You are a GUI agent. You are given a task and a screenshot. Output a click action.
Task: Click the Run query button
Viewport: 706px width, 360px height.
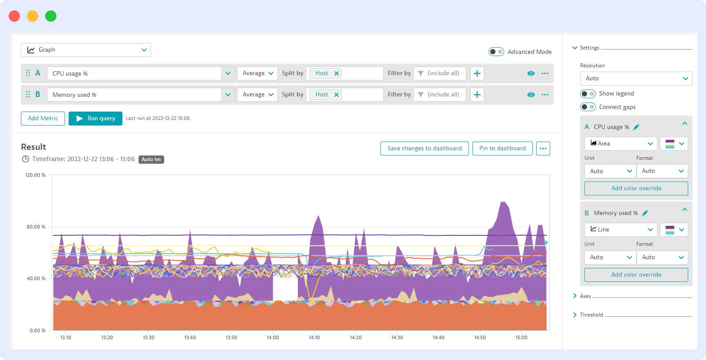coord(96,118)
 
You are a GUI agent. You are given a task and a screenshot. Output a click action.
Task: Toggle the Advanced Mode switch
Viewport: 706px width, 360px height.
coord(496,52)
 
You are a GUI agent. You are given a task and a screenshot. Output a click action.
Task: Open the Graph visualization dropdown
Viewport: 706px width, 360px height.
coord(86,50)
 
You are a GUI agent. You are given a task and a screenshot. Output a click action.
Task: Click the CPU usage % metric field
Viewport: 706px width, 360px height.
coord(135,73)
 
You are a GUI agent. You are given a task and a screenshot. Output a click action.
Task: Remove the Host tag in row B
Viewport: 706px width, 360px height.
coord(337,95)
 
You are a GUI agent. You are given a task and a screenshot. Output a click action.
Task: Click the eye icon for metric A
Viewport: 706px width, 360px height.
coord(531,73)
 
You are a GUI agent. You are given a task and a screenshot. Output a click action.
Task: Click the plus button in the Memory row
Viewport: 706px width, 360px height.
coord(477,95)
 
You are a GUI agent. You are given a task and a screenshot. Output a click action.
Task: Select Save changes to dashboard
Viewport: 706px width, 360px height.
coord(424,149)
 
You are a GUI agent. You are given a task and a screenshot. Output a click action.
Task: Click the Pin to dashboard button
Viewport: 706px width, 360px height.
coord(502,149)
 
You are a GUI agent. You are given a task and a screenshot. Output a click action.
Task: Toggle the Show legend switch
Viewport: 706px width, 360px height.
coord(587,94)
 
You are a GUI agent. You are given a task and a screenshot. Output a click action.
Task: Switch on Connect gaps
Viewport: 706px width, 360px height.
coord(587,107)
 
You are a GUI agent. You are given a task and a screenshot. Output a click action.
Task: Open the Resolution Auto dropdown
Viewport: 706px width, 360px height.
coord(636,79)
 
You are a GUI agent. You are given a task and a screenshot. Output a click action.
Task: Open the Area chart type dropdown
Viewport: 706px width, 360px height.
coord(620,144)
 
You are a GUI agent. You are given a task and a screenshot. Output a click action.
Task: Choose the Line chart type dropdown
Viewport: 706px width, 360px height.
coord(620,230)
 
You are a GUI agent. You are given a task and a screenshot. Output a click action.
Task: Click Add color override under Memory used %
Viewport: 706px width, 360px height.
coord(636,275)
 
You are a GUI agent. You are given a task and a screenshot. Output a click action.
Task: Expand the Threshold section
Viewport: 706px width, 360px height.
coord(591,315)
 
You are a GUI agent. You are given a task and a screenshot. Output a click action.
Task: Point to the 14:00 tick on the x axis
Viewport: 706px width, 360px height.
coord(273,337)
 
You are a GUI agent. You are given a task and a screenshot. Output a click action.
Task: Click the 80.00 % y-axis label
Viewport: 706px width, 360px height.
coord(36,227)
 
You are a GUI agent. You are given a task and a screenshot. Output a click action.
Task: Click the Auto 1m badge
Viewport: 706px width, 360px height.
coord(151,159)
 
